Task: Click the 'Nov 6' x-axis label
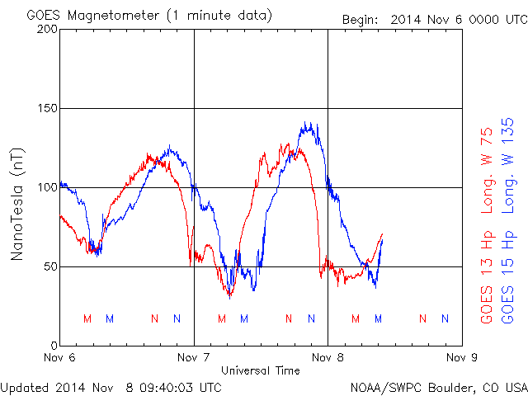[60, 358]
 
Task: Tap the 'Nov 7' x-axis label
[194, 358]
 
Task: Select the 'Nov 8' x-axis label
[328, 358]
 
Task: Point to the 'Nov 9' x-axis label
[461, 358]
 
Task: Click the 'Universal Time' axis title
[261, 370]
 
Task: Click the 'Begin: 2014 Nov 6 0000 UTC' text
[433, 18]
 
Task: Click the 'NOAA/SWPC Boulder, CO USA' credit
[438, 386]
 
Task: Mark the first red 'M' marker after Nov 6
[87, 318]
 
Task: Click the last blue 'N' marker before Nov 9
[445, 318]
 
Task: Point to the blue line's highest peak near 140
[307, 124]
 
